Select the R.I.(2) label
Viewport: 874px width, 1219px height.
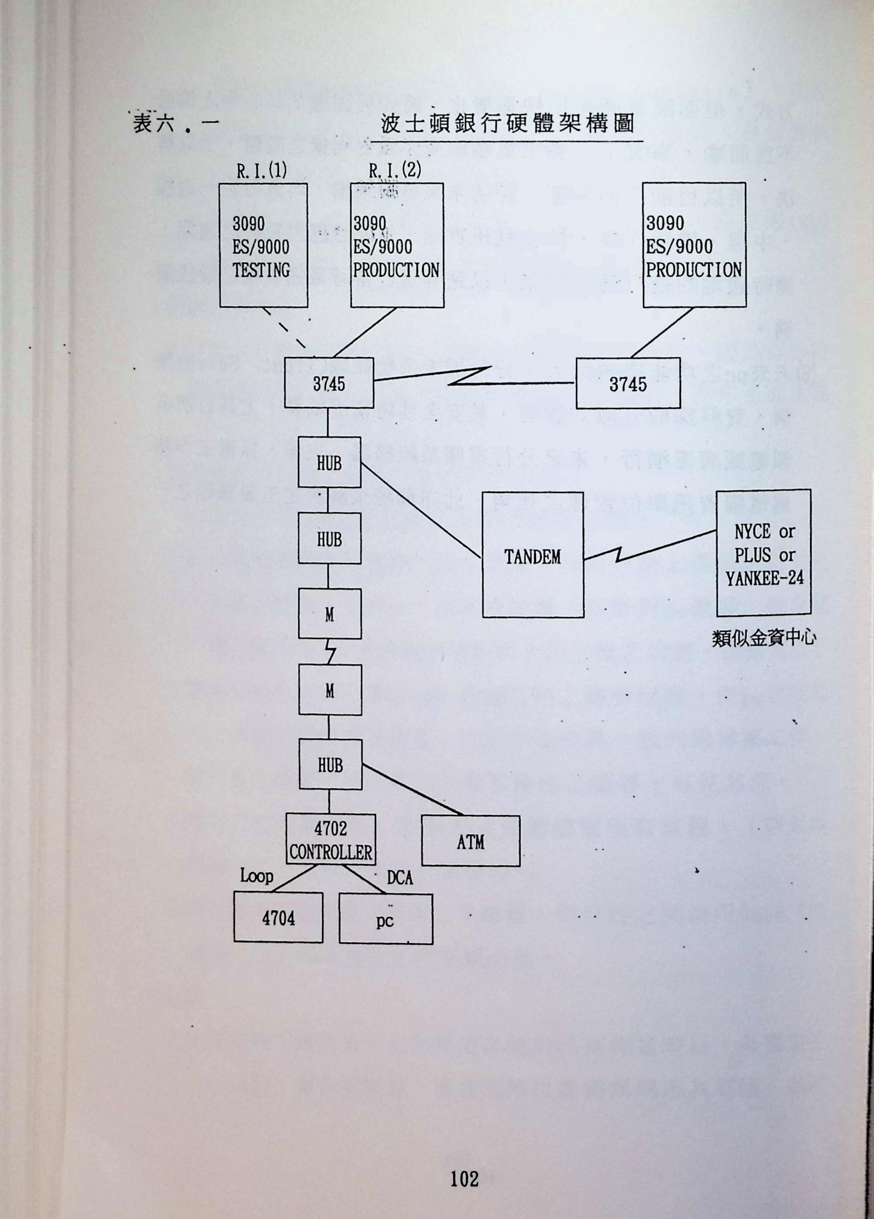pos(395,170)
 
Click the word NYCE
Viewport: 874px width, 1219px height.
pos(752,532)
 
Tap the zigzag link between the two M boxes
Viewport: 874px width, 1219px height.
pos(330,652)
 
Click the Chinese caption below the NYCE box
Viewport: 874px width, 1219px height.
pos(764,638)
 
